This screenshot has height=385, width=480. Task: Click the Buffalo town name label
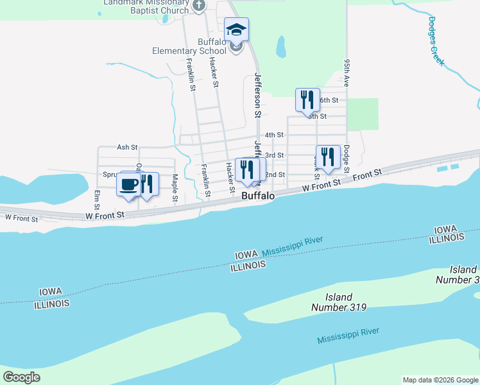pyautogui.click(x=258, y=196)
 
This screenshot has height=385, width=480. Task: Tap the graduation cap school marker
pyautogui.click(x=236, y=29)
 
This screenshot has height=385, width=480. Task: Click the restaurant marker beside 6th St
pyautogui.click(x=307, y=99)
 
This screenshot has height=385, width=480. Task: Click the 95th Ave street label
pyautogui.click(x=347, y=73)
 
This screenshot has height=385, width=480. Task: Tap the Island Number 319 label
pyautogui.click(x=339, y=302)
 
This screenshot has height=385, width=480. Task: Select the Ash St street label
pyautogui.click(x=127, y=147)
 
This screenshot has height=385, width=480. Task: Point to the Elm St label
pyautogui.click(x=97, y=200)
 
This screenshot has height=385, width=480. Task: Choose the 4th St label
pyautogui.click(x=275, y=135)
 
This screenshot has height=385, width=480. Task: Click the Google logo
pyautogui.click(x=21, y=377)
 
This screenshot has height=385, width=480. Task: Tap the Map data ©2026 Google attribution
pyautogui.click(x=440, y=380)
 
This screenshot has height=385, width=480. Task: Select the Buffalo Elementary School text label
pyautogui.click(x=189, y=46)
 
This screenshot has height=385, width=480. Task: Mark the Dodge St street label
pyautogui.click(x=346, y=158)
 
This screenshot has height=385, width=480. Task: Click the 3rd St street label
pyautogui.click(x=275, y=155)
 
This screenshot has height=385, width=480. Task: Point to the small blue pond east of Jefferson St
pyautogui.click(x=280, y=46)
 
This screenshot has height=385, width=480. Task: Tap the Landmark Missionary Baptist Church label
pyautogui.click(x=147, y=6)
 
